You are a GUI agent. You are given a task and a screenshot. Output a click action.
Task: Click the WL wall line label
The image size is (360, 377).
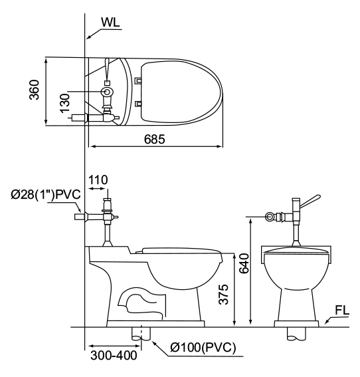[110, 23]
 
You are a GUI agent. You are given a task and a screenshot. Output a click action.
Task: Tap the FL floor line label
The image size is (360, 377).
[342, 311]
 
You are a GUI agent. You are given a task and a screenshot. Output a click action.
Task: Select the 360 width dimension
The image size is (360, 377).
[34, 90]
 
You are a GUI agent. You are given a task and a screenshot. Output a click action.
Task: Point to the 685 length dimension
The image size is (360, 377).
[155, 139]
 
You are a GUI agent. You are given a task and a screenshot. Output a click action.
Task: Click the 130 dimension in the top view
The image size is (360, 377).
[65, 103]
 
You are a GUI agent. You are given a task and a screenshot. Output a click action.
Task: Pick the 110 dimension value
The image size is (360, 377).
[98, 180]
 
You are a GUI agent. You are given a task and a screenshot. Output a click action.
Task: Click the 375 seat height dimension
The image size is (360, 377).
[223, 295]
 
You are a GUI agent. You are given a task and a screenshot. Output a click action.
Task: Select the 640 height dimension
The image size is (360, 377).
[244, 263]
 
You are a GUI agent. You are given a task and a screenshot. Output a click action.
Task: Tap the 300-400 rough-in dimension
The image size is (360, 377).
[114, 356]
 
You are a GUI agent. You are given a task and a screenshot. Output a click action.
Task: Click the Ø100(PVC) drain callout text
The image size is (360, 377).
[203, 347]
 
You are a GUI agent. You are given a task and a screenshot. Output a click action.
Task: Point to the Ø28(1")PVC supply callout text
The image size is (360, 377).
[46, 195]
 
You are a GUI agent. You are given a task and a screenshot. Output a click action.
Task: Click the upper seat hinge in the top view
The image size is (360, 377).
[138, 80]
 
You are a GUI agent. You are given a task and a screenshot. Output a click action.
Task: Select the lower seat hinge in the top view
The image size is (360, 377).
[138, 104]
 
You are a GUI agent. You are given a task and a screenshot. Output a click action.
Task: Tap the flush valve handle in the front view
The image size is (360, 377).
[310, 201]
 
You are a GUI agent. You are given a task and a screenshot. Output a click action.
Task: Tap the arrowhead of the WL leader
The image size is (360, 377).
[88, 37]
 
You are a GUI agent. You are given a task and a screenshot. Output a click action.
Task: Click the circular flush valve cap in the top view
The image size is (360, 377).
[107, 92]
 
